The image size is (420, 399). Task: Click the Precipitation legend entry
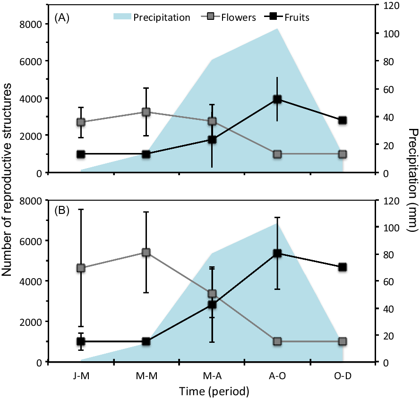click(152, 17)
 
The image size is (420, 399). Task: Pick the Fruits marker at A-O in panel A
click(277, 99)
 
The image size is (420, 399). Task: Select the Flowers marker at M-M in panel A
click(146, 112)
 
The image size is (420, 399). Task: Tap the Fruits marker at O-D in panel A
click(343, 120)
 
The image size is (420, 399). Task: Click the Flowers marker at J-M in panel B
click(81, 268)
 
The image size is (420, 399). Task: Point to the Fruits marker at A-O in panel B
click(277, 254)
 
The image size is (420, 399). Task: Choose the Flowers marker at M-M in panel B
click(146, 252)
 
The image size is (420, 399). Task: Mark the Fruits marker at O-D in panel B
click(343, 267)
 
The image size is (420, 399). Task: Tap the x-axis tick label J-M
click(81, 375)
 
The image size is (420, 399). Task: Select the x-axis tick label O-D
click(343, 375)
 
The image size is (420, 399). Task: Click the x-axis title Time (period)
click(214, 391)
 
